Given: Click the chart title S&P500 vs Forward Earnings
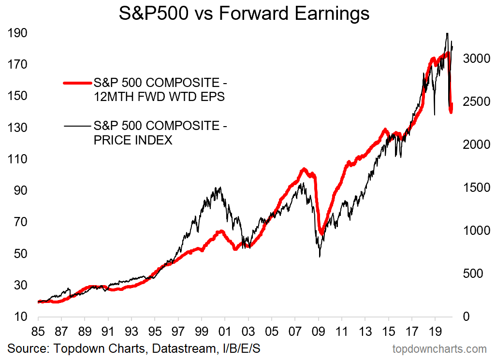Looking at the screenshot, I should point(244,13).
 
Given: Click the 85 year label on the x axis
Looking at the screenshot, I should point(38,333).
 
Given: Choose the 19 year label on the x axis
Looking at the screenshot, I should point(435,333).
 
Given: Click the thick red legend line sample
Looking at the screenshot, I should point(77,83).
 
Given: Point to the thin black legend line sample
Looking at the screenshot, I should point(77,126).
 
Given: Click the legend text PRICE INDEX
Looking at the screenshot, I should point(133,141).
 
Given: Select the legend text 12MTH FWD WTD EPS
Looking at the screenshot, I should point(159,98).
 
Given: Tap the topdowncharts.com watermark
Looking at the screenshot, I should point(439,349).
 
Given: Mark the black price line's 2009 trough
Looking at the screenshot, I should point(320,257).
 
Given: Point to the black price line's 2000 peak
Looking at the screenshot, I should point(220,187).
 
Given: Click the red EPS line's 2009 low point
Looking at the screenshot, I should point(321,233).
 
